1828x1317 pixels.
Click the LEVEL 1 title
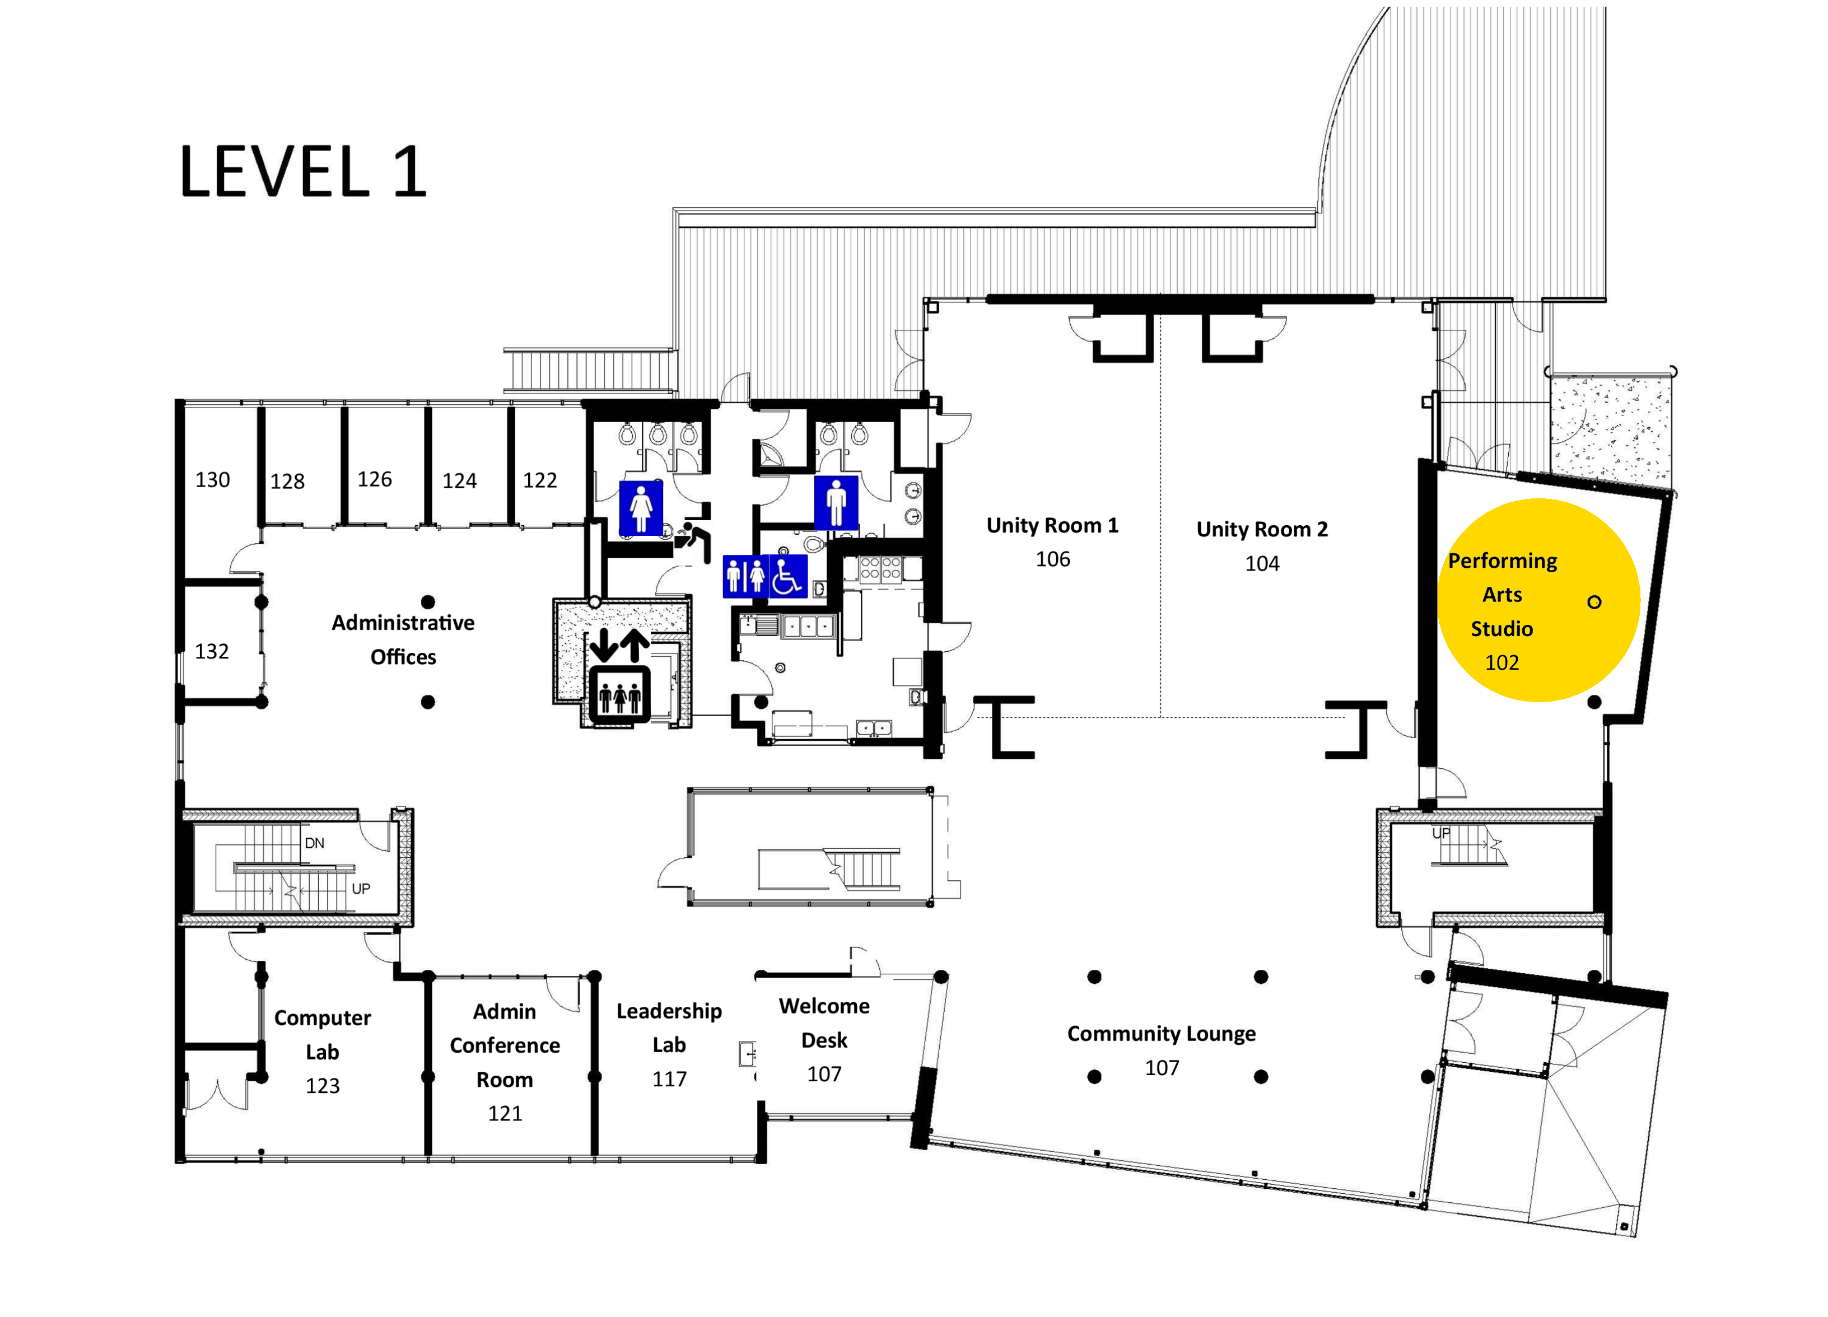pos(302,172)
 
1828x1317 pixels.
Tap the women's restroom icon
pos(641,508)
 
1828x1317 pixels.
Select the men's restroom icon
pos(836,502)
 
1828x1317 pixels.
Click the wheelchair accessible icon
pos(787,576)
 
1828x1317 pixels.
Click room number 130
pos(213,480)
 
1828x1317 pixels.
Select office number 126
pos(375,479)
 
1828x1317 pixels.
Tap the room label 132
pos(212,651)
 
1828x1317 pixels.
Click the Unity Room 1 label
pos(1053,525)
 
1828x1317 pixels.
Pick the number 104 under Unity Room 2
pos(1262,563)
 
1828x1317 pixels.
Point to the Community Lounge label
pos(1162,1034)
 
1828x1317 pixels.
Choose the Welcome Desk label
pos(824,1023)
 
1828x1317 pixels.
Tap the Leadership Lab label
pos(669,1028)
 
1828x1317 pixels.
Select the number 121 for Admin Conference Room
pos(505,1113)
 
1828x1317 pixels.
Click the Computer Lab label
pos(323,1035)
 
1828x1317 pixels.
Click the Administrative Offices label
pos(403,640)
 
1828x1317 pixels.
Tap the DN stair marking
pos(314,843)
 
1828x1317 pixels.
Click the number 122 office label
pos(540,480)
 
